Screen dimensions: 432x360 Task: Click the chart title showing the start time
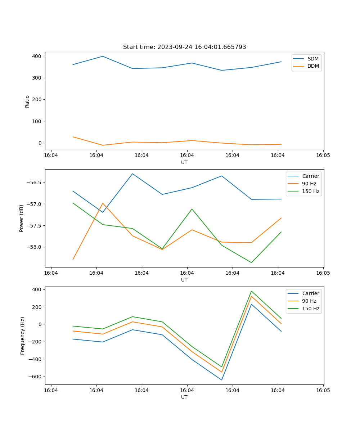pyautogui.click(x=184, y=47)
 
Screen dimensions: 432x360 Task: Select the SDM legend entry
pyautogui.click(x=313, y=59)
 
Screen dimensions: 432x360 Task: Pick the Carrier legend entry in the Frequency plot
pyautogui.click(x=311, y=293)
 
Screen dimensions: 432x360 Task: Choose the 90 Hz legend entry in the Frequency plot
pyautogui.click(x=309, y=301)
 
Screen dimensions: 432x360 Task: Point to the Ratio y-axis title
pyautogui.click(x=27, y=101)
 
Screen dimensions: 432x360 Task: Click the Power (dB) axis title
pyautogui.click(x=22, y=218)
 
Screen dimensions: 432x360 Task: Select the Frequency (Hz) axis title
pyautogui.click(x=23, y=336)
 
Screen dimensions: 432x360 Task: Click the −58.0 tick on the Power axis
pyautogui.click(x=35, y=247)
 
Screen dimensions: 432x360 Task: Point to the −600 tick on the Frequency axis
pyautogui.click(x=35, y=377)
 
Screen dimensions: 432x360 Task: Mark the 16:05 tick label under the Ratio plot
pyautogui.click(x=323, y=156)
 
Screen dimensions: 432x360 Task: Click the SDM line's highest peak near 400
pyautogui.click(x=103, y=56)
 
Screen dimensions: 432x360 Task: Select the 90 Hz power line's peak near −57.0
pyautogui.click(x=103, y=203)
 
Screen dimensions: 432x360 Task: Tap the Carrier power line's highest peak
pyautogui.click(x=132, y=174)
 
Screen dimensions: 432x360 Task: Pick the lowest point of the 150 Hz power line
pyautogui.click(x=251, y=262)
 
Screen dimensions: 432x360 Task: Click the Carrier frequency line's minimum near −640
pyautogui.click(x=221, y=380)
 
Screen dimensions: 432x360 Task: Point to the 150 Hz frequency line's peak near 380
pyautogui.click(x=251, y=291)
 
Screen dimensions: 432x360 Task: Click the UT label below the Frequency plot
pyautogui.click(x=184, y=397)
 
